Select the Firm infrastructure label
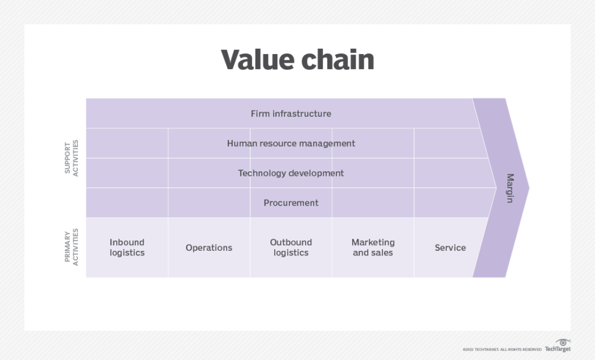coord(291,114)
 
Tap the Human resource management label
coord(291,143)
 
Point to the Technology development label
coord(291,173)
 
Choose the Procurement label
coord(291,203)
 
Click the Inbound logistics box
coord(127,247)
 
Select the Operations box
coord(209,247)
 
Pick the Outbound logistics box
coord(291,247)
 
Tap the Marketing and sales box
coord(372,247)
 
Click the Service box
coord(450,247)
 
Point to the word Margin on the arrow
coord(510,188)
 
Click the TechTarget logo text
coord(557,349)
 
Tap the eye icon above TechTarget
coord(562,342)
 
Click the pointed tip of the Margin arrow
coord(528,188)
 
